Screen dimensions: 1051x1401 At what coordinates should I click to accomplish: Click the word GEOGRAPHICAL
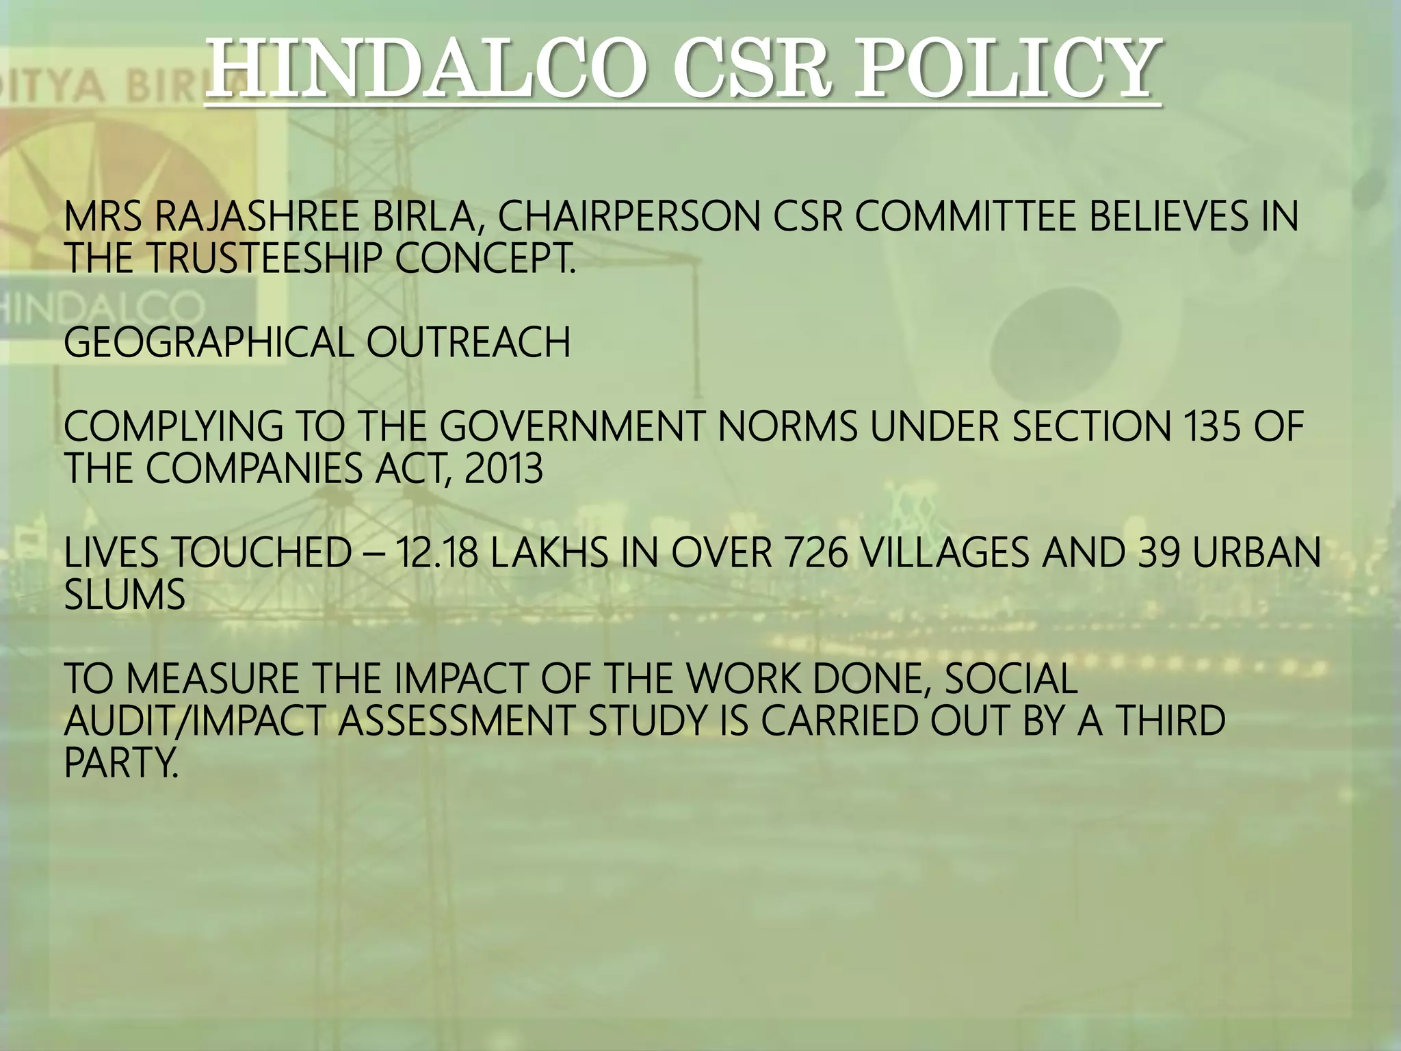point(208,342)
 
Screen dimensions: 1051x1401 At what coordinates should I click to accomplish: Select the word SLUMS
point(125,595)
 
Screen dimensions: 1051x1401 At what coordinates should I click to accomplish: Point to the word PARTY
point(120,763)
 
